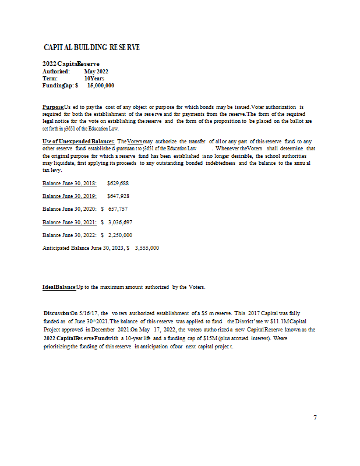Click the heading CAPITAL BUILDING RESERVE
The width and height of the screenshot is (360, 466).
pyautogui.click(x=91, y=47)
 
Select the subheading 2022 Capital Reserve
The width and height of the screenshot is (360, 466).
pyautogui.click(x=70, y=63)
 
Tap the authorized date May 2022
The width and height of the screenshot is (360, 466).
pyautogui.click(x=96, y=71)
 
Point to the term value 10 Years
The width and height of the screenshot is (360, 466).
pyautogui.click(x=94, y=78)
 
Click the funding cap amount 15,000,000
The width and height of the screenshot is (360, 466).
pyautogui.click(x=100, y=86)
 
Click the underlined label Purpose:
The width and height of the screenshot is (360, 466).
pyautogui.click(x=53, y=107)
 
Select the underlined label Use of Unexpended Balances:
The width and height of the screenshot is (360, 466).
pyautogui.click(x=79, y=142)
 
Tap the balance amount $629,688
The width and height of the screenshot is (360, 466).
pyautogui.click(x=118, y=183)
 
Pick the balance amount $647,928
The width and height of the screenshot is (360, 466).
pyautogui.click(x=118, y=196)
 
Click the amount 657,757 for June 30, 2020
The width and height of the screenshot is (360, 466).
pyautogui.click(x=118, y=209)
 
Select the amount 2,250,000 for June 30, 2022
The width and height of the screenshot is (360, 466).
pyautogui.click(x=120, y=235)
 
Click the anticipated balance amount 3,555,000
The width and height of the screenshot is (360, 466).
pyautogui.click(x=146, y=248)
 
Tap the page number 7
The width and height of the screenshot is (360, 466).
pyautogui.click(x=315, y=418)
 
